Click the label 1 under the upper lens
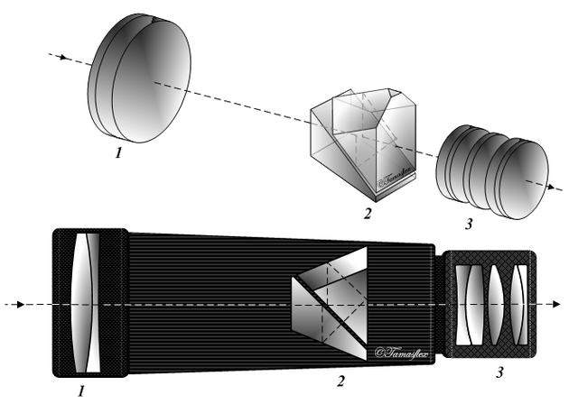click(x=118, y=153)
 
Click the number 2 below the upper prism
click(x=368, y=214)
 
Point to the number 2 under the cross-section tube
click(x=340, y=381)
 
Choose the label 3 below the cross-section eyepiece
click(x=499, y=371)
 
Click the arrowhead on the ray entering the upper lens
click(x=62, y=57)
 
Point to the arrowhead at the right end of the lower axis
click(x=545, y=304)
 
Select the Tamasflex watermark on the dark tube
click(x=403, y=352)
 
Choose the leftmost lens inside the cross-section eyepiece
click(x=471, y=305)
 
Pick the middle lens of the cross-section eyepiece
click(x=495, y=305)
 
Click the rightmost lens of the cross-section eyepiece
click(x=517, y=305)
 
